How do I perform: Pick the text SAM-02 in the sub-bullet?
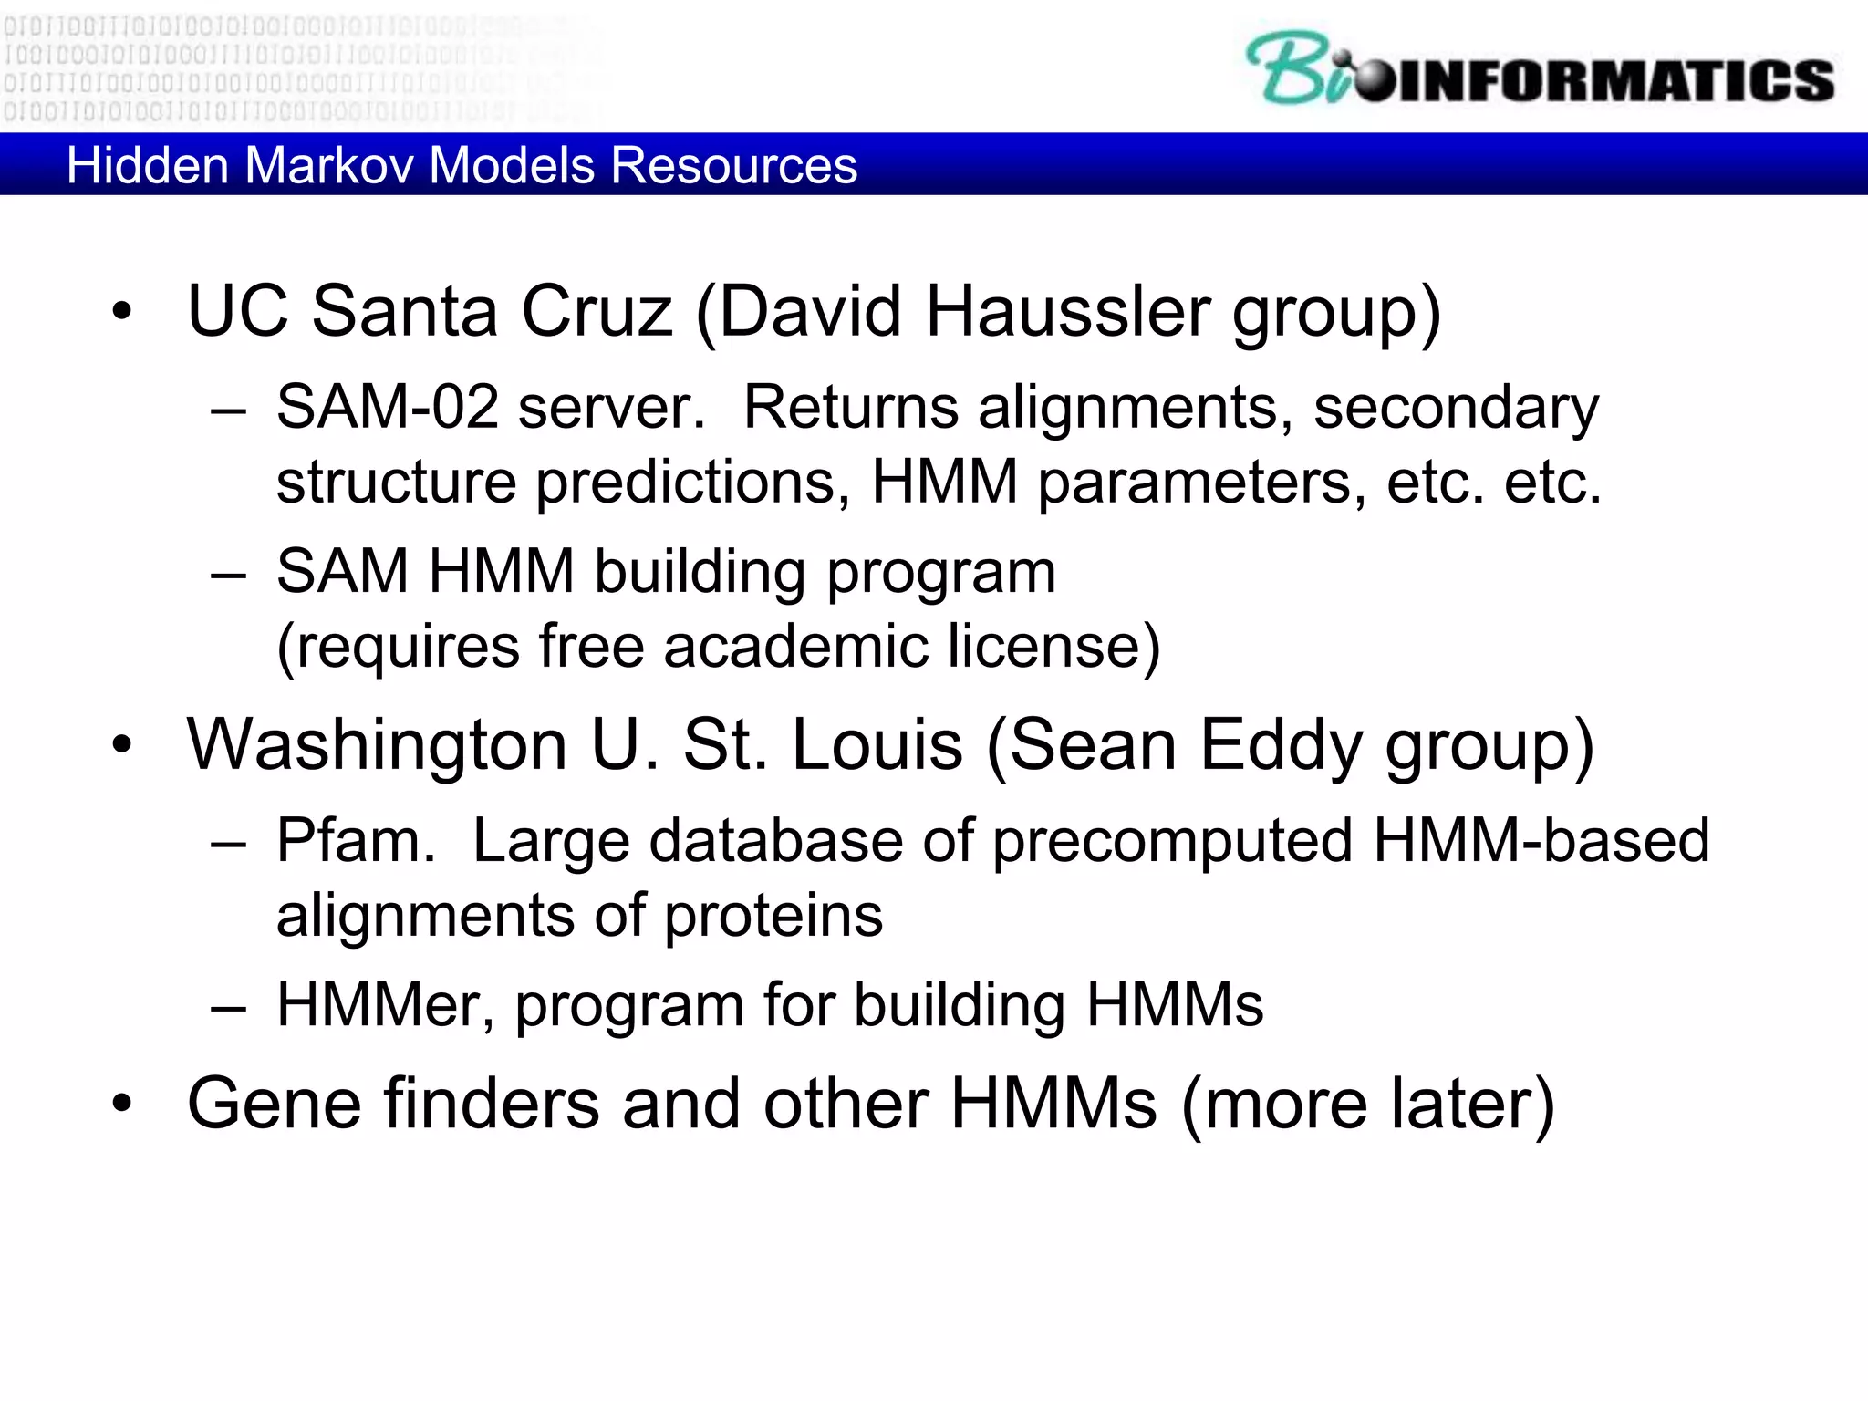(x=388, y=407)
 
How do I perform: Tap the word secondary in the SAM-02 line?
(x=1456, y=409)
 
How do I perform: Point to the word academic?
(x=794, y=647)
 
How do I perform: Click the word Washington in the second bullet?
(x=377, y=746)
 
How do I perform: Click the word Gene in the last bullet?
(x=274, y=1105)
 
